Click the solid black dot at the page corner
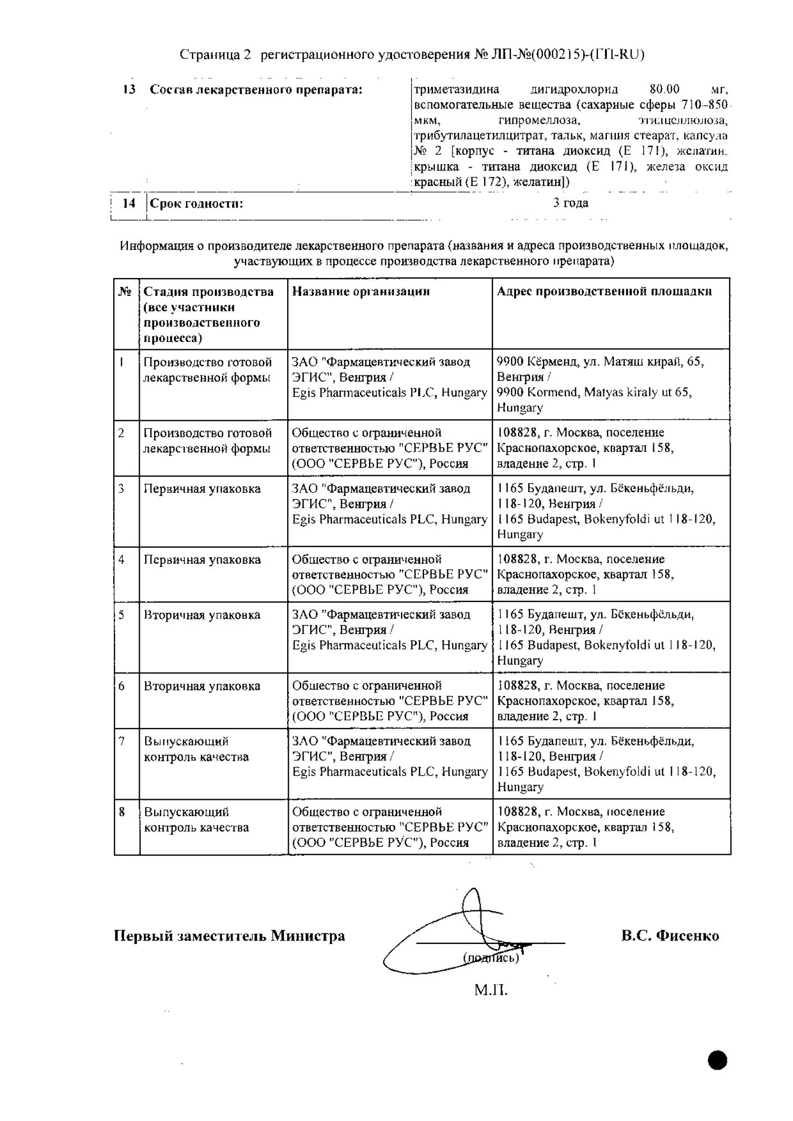click(717, 1060)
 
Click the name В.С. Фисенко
click(670, 935)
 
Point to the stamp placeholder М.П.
click(491, 990)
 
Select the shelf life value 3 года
click(570, 203)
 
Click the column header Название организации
click(361, 291)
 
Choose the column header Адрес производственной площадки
click(604, 291)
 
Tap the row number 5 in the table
click(122, 615)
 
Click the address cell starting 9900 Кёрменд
click(600, 385)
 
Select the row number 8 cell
click(122, 812)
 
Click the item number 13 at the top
click(129, 90)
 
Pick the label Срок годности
click(196, 203)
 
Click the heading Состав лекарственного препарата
click(256, 90)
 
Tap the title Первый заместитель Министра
click(229, 936)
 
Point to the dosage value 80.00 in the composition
click(664, 89)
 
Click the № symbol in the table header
click(125, 291)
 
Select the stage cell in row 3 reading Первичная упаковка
click(202, 489)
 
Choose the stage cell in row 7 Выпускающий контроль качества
click(196, 749)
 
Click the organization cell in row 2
click(390, 448)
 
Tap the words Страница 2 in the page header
click(215, 54)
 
